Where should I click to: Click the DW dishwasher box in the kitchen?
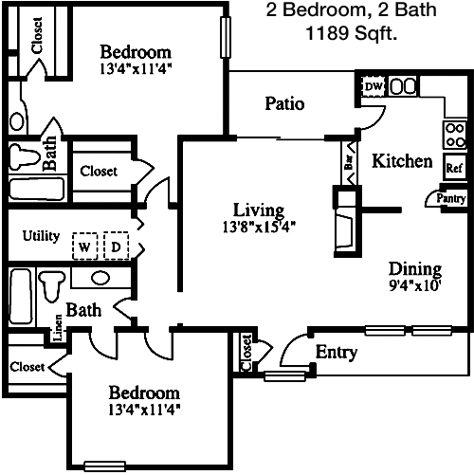(x=374, y=86)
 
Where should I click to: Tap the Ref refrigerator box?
(x=455, y=167)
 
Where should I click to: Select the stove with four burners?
(x=455, y=136)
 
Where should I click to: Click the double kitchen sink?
(x=402, y=86)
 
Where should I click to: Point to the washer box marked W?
(x=84, y=246)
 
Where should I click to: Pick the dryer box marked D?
(x=117, y=246)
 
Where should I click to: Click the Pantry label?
(x=451, y=198)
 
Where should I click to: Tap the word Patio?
(x=284, y=103)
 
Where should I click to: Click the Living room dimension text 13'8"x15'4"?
(x=259, y=227)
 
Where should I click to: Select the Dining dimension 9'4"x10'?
(x=415, y=285)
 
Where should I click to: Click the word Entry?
(x=337, y=352)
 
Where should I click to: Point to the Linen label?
(x=59, y=328)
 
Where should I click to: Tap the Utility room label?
(x=41, y=236)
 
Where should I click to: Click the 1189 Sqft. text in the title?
(x=352, y=33)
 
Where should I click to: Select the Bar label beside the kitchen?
(x=349, y=162)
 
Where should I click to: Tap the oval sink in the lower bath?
(x=100, y=278)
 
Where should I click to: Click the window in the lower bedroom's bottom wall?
(x=105, y=466)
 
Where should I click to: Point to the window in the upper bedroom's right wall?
(x=226, y=37)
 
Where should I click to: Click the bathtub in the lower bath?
(x=21, y=297)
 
